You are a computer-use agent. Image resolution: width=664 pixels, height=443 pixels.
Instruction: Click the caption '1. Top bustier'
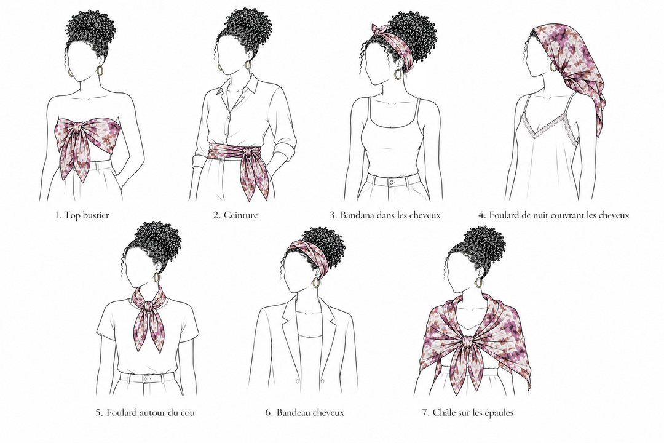[82, 215]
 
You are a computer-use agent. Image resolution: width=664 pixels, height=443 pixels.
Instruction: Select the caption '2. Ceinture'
[235, 215]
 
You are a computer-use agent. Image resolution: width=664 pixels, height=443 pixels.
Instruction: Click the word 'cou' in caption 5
[186, 412]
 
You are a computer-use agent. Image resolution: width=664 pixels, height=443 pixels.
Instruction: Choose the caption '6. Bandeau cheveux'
[305, 412]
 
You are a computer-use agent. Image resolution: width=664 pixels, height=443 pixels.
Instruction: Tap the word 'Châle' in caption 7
[445, 412]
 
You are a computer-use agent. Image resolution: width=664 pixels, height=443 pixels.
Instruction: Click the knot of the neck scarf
[148, 306]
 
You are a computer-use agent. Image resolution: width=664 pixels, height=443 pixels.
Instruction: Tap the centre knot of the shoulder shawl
[468, 341]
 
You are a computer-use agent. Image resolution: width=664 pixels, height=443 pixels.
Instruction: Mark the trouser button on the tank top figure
[392, 182]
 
